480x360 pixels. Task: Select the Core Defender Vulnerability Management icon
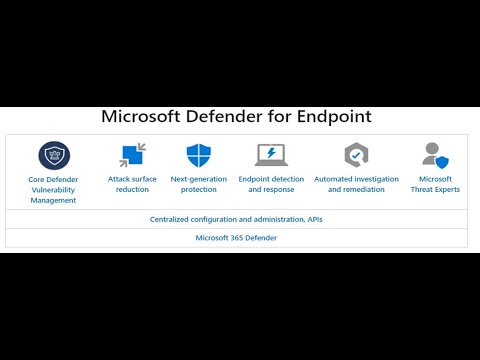[x=54, y=156]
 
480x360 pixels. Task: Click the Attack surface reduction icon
[x=132, y=155]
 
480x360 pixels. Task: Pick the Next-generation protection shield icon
[x=199, y=155]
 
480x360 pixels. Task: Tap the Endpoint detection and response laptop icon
[x=270, y=155]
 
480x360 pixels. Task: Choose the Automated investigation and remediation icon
[x=356, y=155]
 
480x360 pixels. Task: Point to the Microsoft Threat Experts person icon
[x=435, y=155]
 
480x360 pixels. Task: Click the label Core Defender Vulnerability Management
[x=53, y=189]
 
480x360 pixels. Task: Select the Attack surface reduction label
[x=132, y=184]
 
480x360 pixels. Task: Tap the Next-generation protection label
[x=199, y=184]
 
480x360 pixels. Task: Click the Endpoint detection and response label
[x=270, y=184]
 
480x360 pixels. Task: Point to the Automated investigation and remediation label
[x=356, y=184]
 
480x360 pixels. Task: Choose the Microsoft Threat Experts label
[x=435, y=184]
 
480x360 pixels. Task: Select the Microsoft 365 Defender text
[x=236, y=238]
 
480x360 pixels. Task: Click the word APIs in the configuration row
[x=313, y=218]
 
